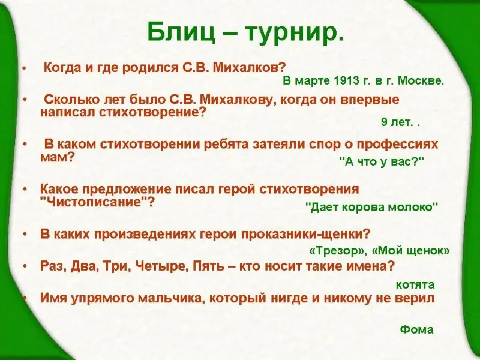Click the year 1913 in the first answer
pos(347,80)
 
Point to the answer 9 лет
pos(396,122)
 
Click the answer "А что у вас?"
pos(382,161)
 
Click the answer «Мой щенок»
pos(410,251)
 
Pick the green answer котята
pos(415,284)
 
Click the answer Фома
pos(416,329)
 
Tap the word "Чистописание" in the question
pos(97,202)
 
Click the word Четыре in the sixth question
pos(161,266)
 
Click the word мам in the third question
pos(58,158)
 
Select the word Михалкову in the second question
pos(236,100)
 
